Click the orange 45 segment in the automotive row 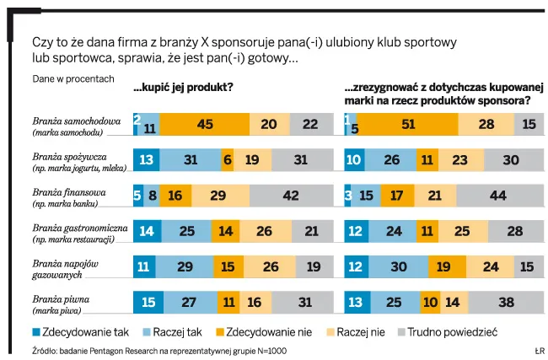point(204,124)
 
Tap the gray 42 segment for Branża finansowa point(292,196)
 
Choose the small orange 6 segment point(228,160)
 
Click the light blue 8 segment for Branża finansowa point(153,196)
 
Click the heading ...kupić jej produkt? point(183,87)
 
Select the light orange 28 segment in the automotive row point(486,124)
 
